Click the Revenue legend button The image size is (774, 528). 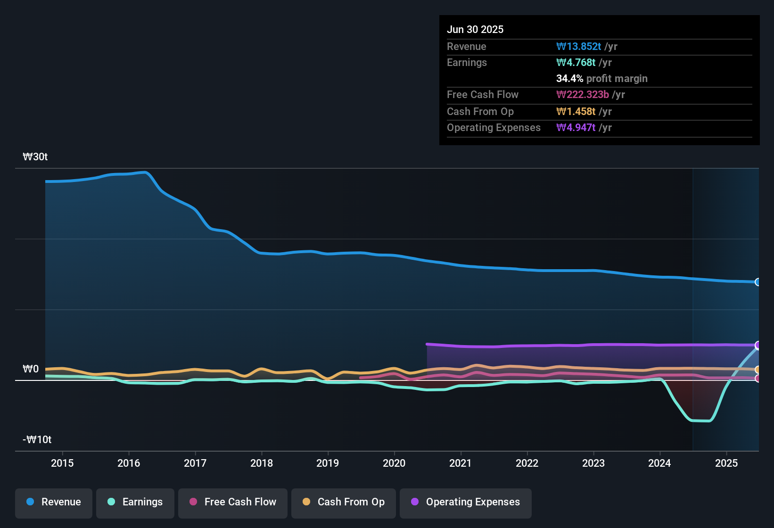coord(54,502)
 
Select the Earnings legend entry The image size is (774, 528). coord(135,502)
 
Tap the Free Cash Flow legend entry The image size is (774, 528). coord(233,502)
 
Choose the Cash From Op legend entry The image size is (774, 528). coord(344,502)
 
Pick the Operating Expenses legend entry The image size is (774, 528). coord(466,502)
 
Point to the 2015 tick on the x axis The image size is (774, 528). coord(62,463)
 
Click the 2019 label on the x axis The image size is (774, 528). coord(328,463)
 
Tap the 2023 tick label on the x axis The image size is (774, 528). coord(593,463)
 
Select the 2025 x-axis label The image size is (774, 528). coord(726,463)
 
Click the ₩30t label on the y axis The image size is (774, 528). coord(35,157)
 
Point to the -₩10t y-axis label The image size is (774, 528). coord(37,440)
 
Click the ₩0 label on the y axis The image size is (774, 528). coord(31,369)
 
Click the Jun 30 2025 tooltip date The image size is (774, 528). coord(475,30)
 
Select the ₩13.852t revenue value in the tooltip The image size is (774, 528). coord(578,47)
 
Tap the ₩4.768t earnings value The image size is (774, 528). coord(576,63)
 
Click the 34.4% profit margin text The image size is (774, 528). coord(601,79)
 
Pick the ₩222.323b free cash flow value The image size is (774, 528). coord(582,95)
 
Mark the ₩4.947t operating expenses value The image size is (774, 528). coord(576,128)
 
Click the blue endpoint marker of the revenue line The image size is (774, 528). coord(758,282)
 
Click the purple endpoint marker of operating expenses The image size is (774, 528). coord(758,345)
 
